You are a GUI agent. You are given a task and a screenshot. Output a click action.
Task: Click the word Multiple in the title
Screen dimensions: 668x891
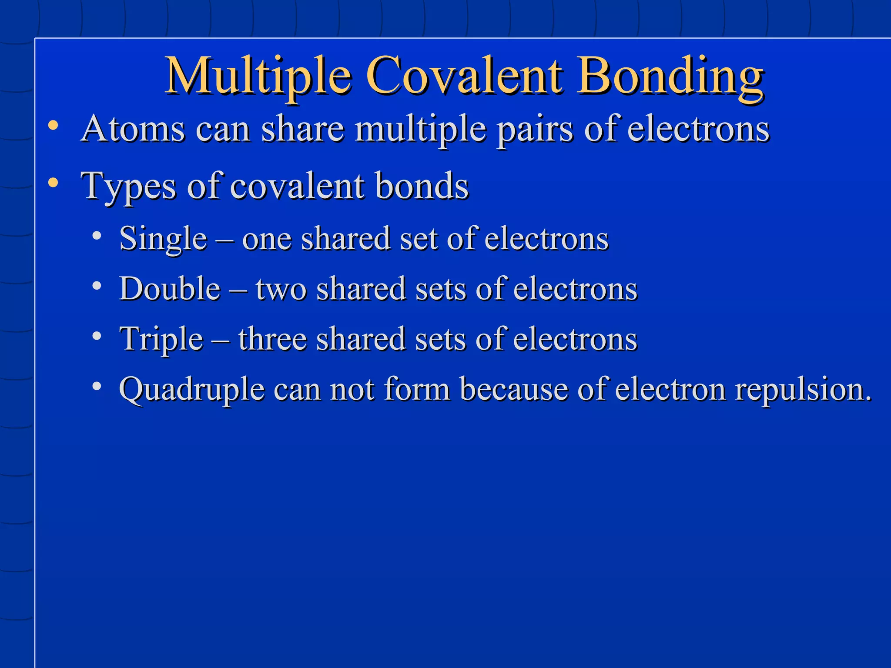[x=258, y=77]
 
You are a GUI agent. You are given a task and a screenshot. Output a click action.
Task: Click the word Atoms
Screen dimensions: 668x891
[x=133, y=129]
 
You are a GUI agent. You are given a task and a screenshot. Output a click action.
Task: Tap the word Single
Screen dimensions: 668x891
[x=163, y=239]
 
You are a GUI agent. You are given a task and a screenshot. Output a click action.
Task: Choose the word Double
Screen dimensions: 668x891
[x=170, y=289]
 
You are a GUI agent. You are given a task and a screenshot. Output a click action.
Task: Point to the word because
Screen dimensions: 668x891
[x=514, y=389]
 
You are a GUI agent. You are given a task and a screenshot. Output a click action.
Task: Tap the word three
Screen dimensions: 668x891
[x=272, y=339]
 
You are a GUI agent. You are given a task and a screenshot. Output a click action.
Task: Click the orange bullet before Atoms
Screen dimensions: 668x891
[x=53, y=126]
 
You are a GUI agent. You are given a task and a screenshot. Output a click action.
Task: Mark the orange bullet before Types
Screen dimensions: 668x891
[x=53, y=183]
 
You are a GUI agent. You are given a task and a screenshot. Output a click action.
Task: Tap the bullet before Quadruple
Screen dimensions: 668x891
[x=97, y=386]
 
